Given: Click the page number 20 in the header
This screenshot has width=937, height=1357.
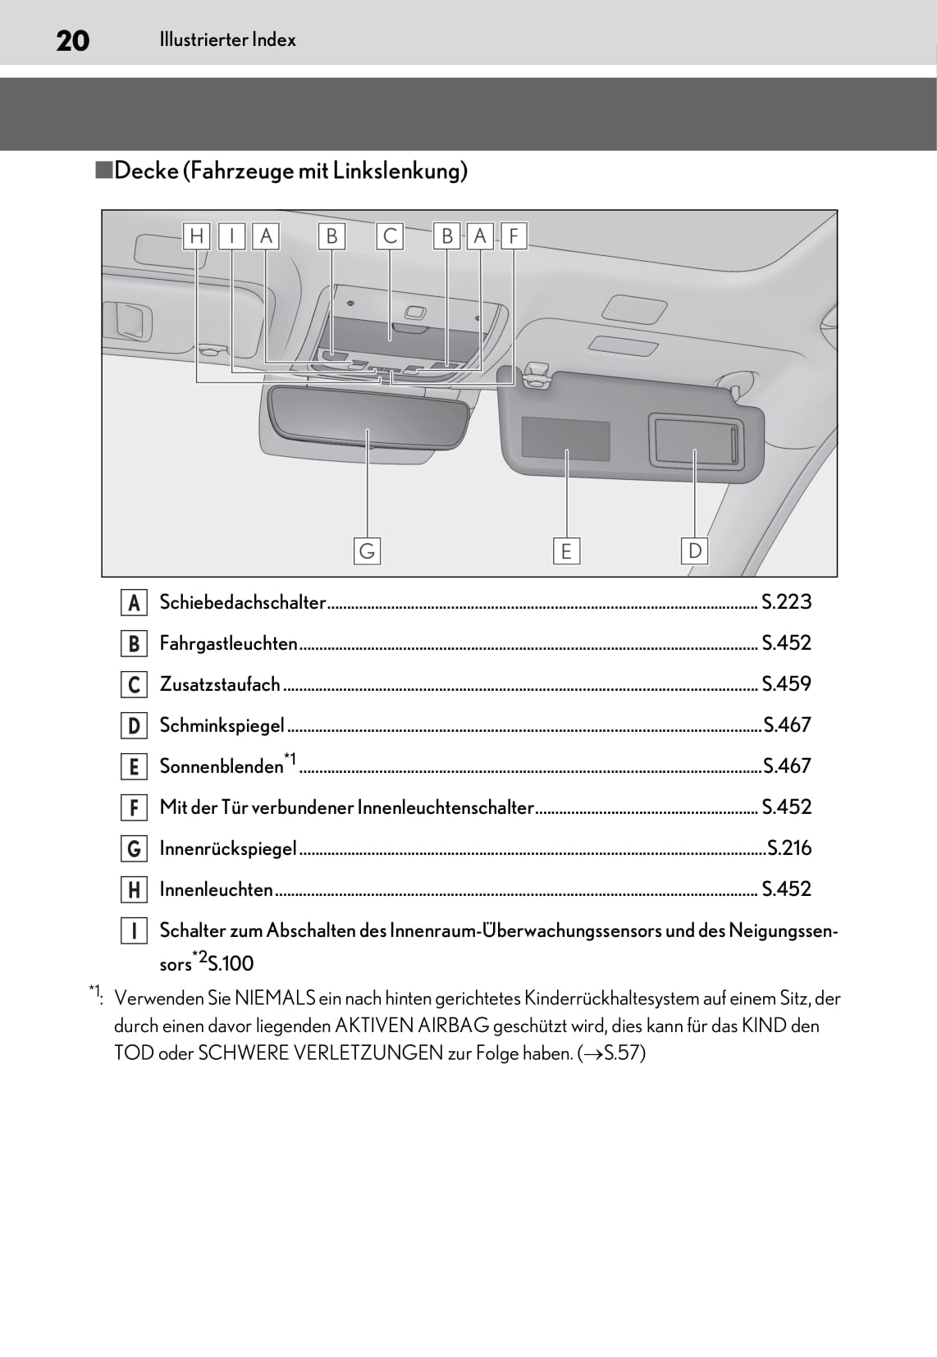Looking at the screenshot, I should (x=72, y=40).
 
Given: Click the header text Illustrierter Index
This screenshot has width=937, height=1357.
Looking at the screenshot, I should (x=227, y=39).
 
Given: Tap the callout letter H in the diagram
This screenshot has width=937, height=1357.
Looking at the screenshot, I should (x=196, y=236).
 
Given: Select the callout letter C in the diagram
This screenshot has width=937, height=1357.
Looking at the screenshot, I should (x=390, y=236).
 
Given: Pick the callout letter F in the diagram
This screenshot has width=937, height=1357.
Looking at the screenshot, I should (x=514, y=236).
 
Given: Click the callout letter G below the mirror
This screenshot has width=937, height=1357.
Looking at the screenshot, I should (x=367, y=551).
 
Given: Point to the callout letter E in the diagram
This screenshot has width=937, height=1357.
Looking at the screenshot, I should (x=566, y=551).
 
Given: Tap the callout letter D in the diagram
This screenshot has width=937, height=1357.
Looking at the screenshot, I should (x=695, y=551).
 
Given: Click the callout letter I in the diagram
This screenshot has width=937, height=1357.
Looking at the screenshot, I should (x=232, y=236).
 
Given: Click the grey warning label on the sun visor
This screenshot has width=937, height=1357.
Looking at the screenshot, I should (x=565, y=439).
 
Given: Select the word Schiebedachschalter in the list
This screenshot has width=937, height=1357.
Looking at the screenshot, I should (x=243, y=602).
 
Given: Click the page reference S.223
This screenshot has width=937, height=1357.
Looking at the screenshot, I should (x=786, y=602).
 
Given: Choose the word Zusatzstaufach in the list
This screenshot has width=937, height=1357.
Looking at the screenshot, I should (x=220, y=684).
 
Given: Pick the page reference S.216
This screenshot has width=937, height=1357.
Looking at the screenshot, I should (x=788, y=848).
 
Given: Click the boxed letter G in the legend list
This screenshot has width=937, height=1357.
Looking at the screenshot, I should (x=134, y=848).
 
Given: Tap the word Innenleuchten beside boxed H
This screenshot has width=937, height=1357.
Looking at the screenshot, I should (x=216, y=889).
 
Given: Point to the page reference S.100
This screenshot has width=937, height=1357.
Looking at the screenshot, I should (x=231, y=963).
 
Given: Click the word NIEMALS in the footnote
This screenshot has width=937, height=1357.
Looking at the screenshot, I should (x=275, y=998).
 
